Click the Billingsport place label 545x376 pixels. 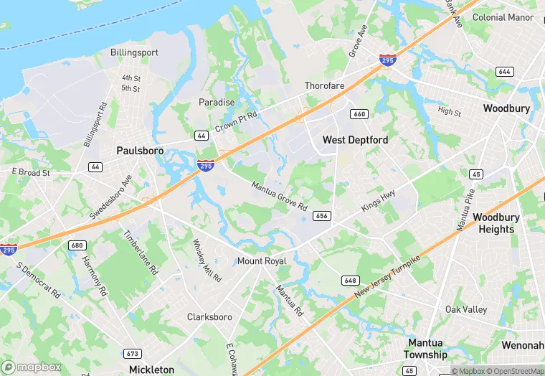click(133, 52)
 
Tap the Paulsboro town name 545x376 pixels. click(140, 151)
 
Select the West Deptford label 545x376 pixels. click(355, 140)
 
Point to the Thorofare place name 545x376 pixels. click(324, 86)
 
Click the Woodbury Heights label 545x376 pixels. click(493, 223)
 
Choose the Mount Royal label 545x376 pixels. click(262, 260)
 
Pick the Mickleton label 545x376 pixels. click(151, 370)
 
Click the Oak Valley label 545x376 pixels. click(466, 309)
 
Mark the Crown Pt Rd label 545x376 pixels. click(235, 118)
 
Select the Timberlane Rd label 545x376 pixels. click(141, 253)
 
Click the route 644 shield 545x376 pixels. click(505, 72)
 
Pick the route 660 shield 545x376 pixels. click(359, 115)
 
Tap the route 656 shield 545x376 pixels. click(322, 216)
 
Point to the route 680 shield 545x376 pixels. click(77, 245)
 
